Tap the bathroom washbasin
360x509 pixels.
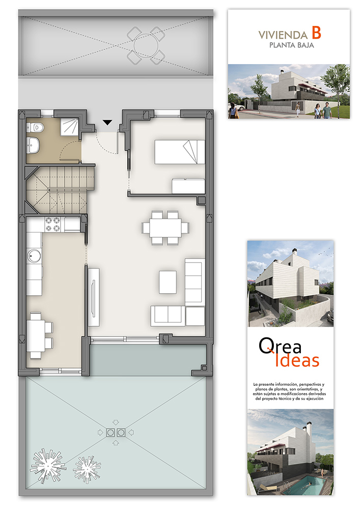click(x=34, y=145)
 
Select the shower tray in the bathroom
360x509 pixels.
click(x=69, y=126)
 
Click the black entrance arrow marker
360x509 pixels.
click(x=107, y=122)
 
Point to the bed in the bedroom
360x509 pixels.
click(x=180, y=152)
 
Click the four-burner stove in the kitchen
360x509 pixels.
click(x=52, y=224)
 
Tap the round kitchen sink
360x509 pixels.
click(x=34, y=256)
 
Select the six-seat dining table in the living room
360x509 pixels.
click(x=165, y=228)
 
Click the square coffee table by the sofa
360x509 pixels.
click(x=168, y=282)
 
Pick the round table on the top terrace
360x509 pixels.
click(x=146, y=46)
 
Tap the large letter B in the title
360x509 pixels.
click(x=317, y=33)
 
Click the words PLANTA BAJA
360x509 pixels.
click(x=291, y=45)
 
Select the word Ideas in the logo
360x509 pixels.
click(x=297, y=360)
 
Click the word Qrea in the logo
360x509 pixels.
click(x=280, y=346)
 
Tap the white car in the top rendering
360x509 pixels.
click(x=239, y=107)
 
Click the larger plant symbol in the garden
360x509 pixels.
click(x=48, y=464)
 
